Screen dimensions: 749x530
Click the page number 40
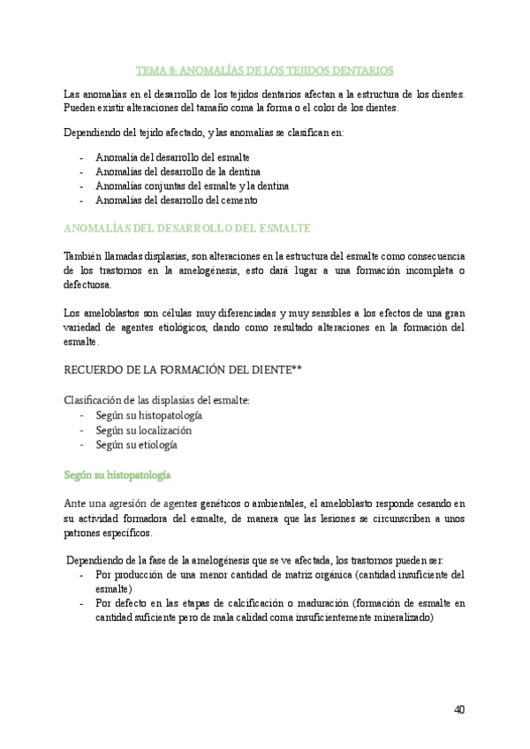(458, 709)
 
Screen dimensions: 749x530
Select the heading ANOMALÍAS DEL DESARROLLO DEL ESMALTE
(187, 228)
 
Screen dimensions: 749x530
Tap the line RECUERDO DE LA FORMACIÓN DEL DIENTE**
(184, 368)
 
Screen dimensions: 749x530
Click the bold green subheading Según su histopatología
(117, 474)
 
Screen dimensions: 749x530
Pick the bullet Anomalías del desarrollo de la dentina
(177, 171)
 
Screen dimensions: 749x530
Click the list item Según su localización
(144, 430)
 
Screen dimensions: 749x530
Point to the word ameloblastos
(108, 313)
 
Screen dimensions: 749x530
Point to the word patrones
(86, 533)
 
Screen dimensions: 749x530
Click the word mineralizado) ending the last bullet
(402, 618)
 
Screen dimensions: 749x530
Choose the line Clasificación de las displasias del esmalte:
(157, 400)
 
